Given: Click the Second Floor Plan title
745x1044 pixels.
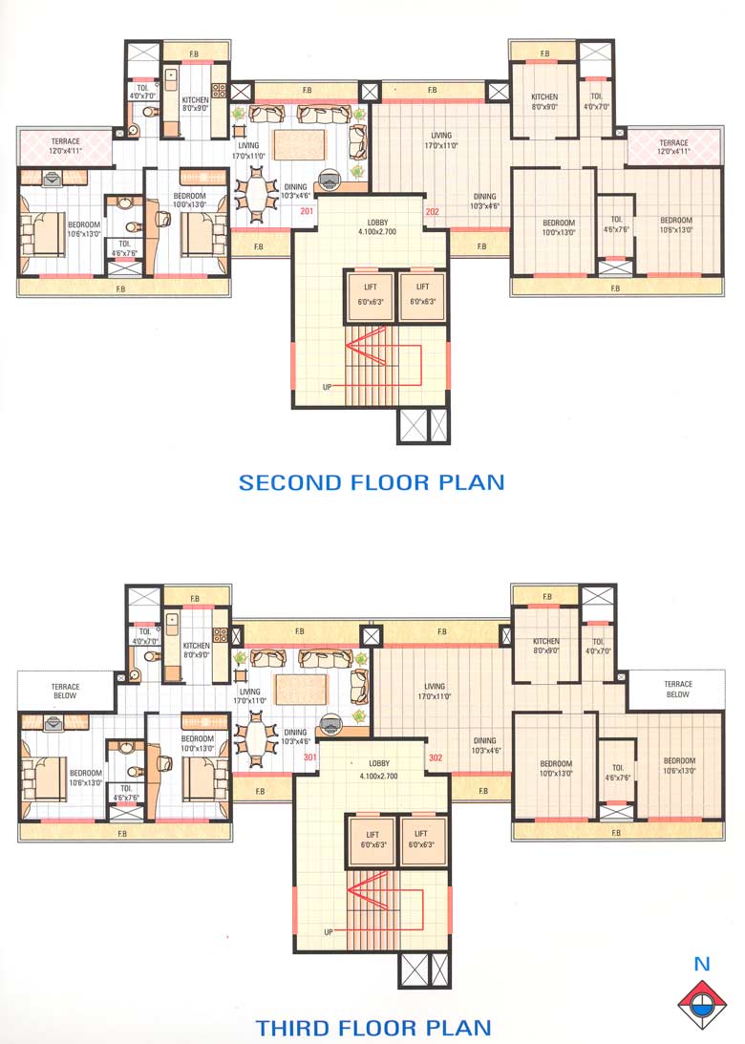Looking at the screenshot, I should click(x=372, y=482).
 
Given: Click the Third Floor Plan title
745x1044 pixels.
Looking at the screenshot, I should click(x=373, y=1028).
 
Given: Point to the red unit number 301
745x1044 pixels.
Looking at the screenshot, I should click(x=309, y=757).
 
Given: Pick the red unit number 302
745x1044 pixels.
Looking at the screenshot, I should click(x=436, y=757).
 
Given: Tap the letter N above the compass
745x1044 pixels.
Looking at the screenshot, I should click(x=702, y=965).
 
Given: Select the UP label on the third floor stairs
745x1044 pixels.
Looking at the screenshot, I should click(x=330, y=931).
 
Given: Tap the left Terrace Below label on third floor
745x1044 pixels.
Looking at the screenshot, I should click(x=66, y=691).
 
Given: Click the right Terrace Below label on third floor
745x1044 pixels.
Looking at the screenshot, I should click(x=678, y=689).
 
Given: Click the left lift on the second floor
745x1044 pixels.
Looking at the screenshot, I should click(x=369, y=294).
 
